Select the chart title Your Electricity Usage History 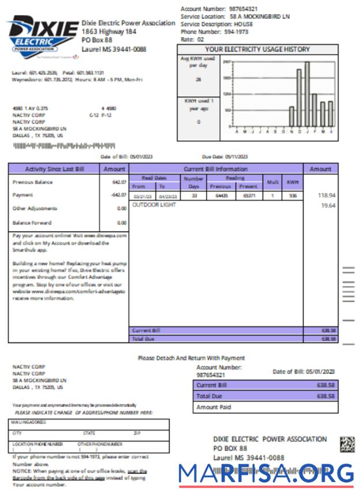257,50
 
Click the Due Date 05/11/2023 224,156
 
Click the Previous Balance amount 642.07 119,182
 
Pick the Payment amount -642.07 118,195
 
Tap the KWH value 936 293,196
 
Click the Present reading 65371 248,196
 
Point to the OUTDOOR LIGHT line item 154,205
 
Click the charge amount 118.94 327,196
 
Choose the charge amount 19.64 328,206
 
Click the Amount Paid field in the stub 265,407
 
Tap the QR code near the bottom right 347,443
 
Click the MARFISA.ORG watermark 266,474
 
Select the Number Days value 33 194,196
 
